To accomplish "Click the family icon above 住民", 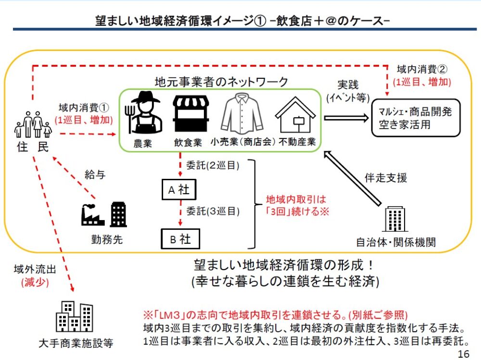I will (33, 124).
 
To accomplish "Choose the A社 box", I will (179, 189).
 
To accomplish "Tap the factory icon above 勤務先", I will (92, 214).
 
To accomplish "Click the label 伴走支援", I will (386, 178).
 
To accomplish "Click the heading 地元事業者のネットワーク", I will (221, 82).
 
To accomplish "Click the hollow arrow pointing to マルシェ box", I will (345, 117).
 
